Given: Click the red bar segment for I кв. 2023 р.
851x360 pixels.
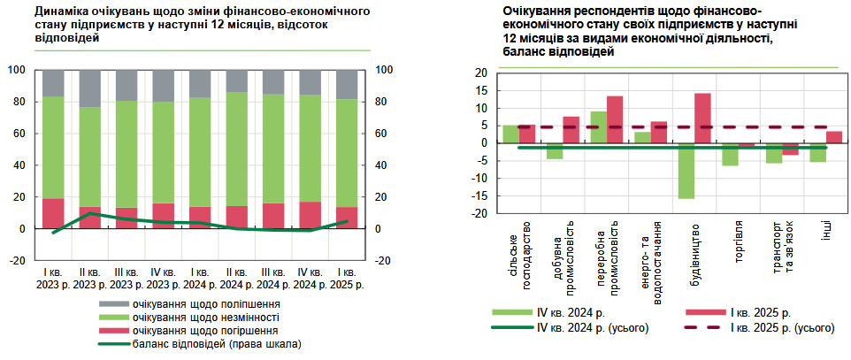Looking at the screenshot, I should point(54,213).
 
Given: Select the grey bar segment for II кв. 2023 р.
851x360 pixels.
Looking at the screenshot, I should point(90,88).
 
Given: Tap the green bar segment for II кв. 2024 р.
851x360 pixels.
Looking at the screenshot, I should point(237,149).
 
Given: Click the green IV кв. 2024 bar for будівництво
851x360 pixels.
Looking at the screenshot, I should point(686,171).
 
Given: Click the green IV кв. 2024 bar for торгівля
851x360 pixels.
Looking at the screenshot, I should point(730,154).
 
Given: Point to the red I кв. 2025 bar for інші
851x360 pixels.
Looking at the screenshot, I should point(833,137).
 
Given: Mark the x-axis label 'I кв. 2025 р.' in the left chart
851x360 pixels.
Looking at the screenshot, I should point(346,278).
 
